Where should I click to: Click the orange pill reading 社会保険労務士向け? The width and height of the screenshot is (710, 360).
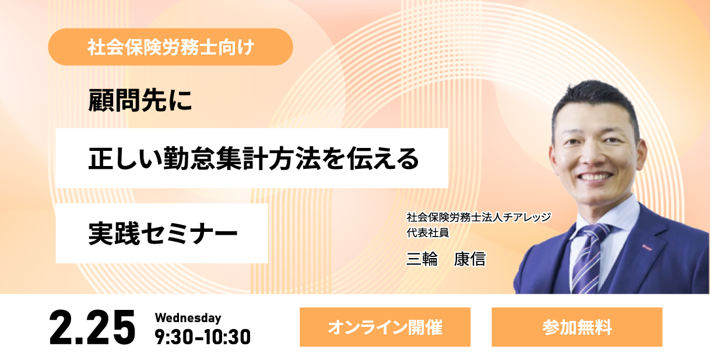coord(171,47)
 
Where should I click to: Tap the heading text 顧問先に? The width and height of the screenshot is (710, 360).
coord(140,100)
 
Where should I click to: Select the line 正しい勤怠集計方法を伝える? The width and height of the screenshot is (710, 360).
coord(254,158)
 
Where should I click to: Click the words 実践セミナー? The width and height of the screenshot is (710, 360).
coord(163,234)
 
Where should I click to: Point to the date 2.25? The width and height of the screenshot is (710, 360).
coord(92,327)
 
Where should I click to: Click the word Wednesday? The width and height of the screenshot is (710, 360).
coord(188,318)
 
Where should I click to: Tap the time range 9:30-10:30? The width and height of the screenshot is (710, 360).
coord(202,337)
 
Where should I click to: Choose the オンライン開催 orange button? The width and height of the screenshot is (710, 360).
coord(385,327)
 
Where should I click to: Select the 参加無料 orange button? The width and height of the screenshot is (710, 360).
coord(577,327)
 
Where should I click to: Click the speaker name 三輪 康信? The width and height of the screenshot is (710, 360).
coord(446,259)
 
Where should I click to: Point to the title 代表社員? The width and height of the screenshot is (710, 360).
coord(428,233)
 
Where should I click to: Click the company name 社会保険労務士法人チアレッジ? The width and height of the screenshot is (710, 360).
coord(479,217)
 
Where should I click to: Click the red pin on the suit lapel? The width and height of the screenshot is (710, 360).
coord(647,248)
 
